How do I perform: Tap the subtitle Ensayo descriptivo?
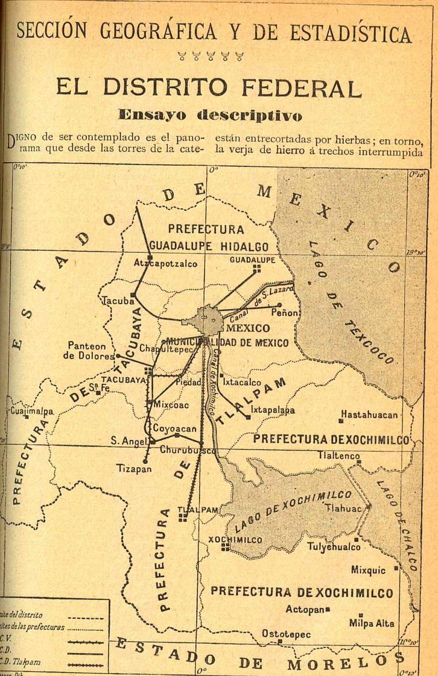click(210, 114)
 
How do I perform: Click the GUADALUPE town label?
click(252, 260)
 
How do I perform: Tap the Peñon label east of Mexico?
click(285, 313)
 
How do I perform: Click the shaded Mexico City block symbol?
click(208, 319)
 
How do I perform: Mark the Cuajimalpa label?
click(32, 411)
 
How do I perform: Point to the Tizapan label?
click(135, 469)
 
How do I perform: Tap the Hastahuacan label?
click(369, 415)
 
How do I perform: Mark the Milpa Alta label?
click(372, 624)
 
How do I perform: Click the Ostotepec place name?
click(286, 634)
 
